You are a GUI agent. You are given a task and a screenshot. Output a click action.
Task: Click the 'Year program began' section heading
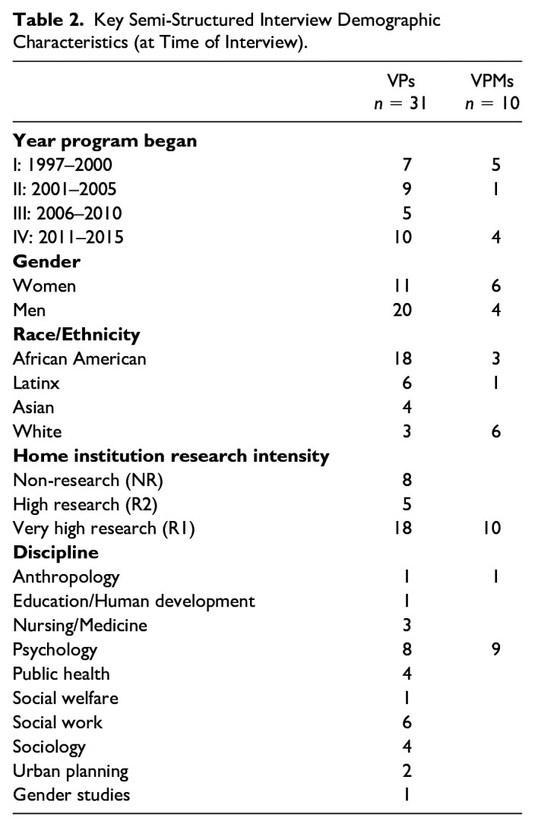pyautogui.click(x=90, y=141)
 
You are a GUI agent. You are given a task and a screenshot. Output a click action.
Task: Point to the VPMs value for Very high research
pyautogui.click(x=492, y=529)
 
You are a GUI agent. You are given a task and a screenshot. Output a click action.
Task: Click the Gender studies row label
pyautogui.click(x=71, y=795)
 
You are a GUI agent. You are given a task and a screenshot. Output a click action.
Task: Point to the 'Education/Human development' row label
pyautogui.click(x=134, y=601)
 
